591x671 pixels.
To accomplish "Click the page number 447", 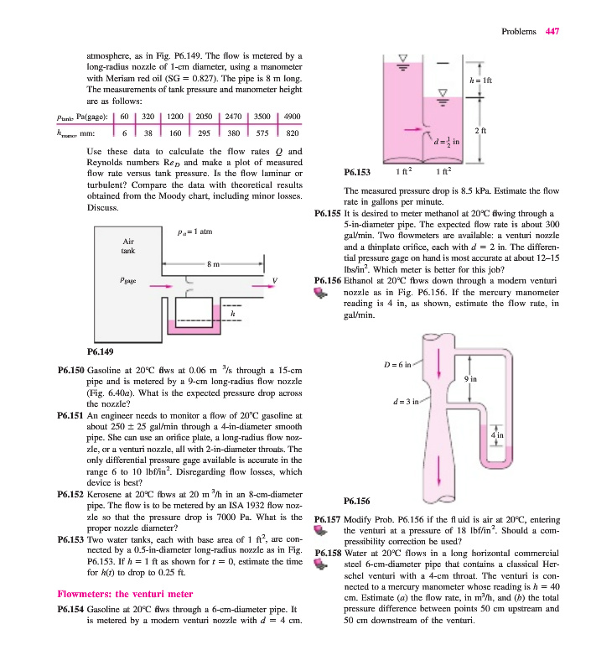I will pyautogui.click(x=551, y=32).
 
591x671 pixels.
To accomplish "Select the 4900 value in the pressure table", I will pyautogui.click(x=293, y=116).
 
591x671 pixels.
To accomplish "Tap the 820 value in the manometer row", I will pyautogui.click(x=293, y=133).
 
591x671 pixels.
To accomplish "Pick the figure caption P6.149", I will pyautogui.click(x=101, y=351).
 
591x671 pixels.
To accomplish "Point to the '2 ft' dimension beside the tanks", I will pyautogui.click(x=482, y=130).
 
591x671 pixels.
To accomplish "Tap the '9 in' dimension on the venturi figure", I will pyautogui.click(x=472, y=379).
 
